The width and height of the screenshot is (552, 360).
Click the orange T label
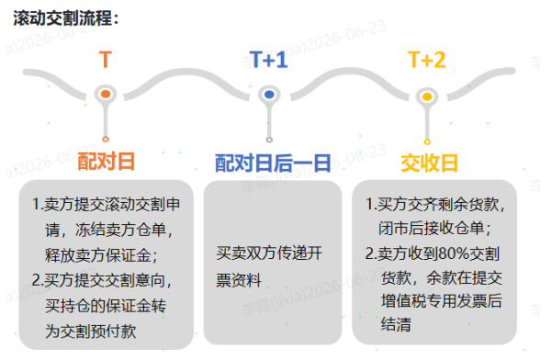tap(106, 60)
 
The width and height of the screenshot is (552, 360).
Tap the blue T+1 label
tap(268, 60)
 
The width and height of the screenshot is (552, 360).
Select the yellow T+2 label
tap(427, 60)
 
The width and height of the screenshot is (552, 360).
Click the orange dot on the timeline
tap(106, 94)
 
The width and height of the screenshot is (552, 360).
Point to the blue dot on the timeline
tap(269, 95)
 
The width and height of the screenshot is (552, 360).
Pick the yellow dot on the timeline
tap(427, 96)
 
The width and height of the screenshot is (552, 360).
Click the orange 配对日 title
tap(106, 162)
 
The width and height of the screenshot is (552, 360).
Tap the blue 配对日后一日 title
tap(273, 163)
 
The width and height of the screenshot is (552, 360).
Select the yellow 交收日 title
tap(429, 163)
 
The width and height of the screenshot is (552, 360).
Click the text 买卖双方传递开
tap(269, 253)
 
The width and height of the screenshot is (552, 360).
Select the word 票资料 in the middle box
tap(239, 280)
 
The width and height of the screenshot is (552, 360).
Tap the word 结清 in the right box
tap(396, 324)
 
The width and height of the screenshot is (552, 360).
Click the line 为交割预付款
tap(91, 331)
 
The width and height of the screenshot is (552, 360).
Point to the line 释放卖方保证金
tap(101, 255)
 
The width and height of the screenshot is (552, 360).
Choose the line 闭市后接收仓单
tap(434, 229)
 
